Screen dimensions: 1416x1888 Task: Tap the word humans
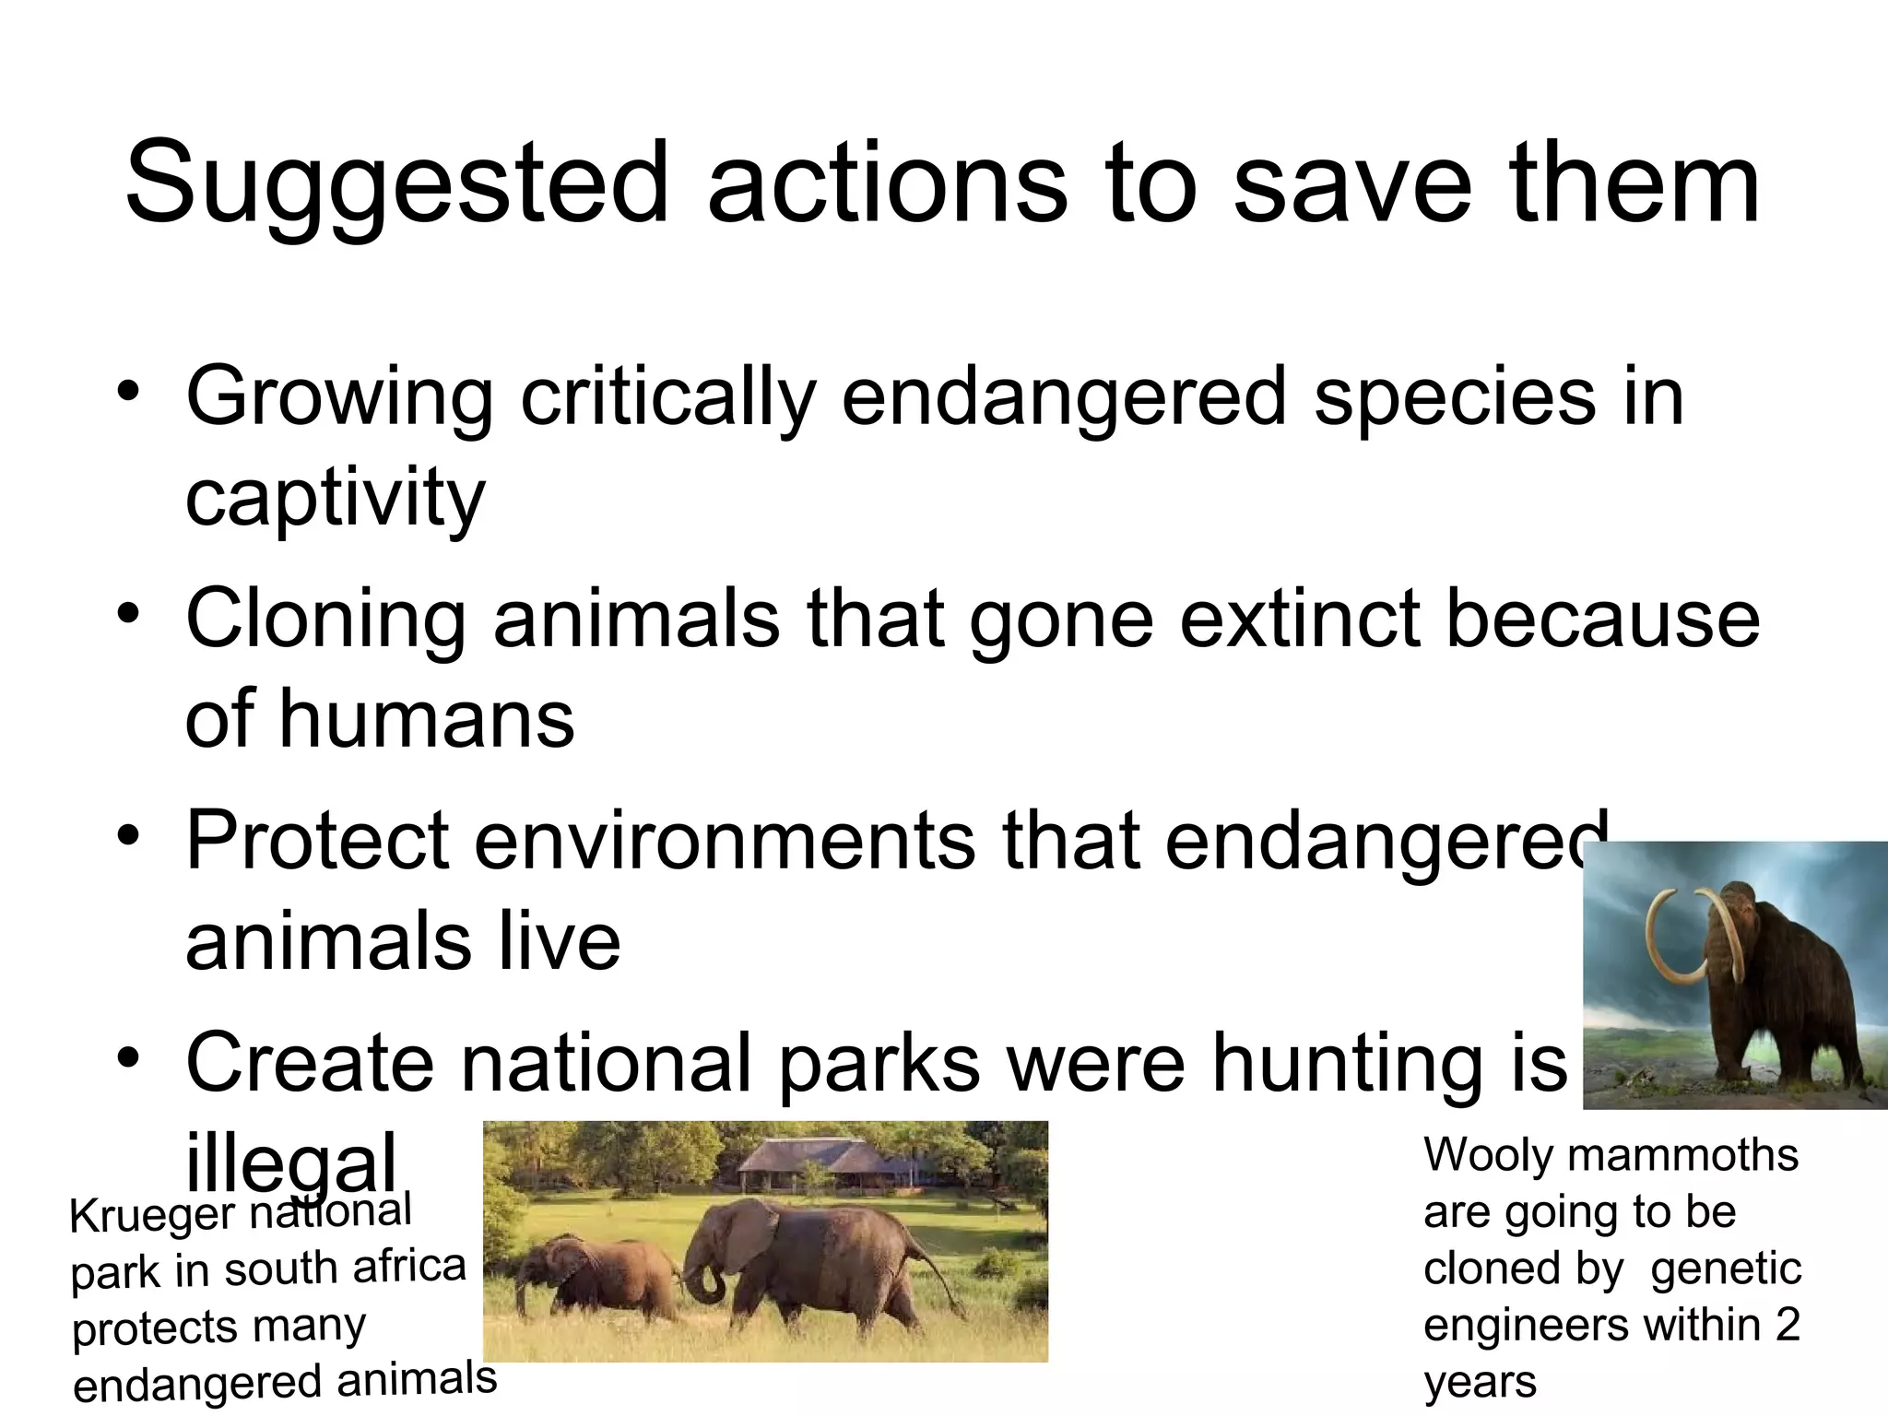click(426, 719)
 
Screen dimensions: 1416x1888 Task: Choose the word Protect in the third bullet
click(317, 841)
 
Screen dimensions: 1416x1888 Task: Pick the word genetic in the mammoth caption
click(1725, 1268)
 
